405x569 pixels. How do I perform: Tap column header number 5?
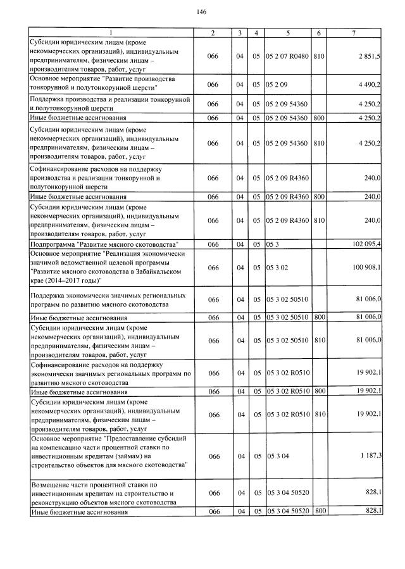tap(287, 32)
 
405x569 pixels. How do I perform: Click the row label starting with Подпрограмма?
tap(104, 244)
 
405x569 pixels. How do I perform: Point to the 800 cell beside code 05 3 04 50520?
tap(319, 511)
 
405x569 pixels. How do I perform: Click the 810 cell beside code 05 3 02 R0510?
tap(319, 415)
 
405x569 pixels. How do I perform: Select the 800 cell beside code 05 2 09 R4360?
tap(319, 196)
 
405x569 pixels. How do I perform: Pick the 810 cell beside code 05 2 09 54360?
tap(319, 143)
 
